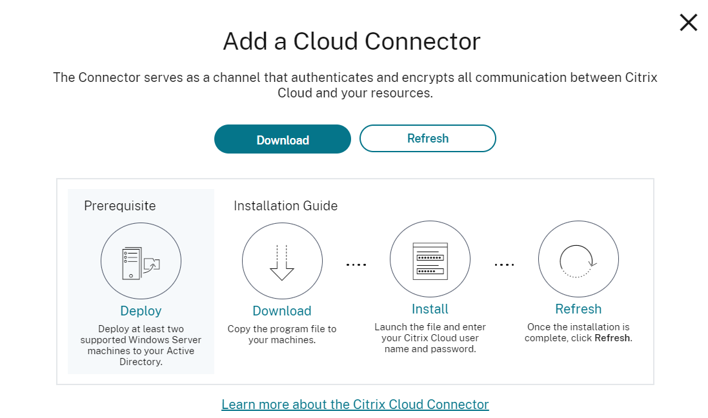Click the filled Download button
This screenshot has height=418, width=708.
[282, 139]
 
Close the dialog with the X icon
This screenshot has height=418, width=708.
[688, 23]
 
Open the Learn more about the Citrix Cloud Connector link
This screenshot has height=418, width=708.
[355, 404]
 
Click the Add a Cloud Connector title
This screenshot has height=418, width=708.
[352, 42]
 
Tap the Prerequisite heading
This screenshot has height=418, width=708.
[119, 206]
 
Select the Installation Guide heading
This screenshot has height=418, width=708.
[285, 206]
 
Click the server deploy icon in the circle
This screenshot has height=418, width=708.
[141, 262]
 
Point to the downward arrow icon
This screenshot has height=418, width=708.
[282, 262]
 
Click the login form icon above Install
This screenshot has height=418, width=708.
[430, 261]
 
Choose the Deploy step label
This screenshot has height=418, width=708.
[141, 311]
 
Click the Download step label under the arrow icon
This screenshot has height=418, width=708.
[282, 311]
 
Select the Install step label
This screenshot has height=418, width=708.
[430, 309]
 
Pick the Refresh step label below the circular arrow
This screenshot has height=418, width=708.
[578, 309]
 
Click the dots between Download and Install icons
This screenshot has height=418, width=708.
[356, 264]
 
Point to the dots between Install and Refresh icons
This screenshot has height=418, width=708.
[504, 264]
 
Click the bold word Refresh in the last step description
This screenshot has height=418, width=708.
[612, 338]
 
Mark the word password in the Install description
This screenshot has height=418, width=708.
[456, 349]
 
